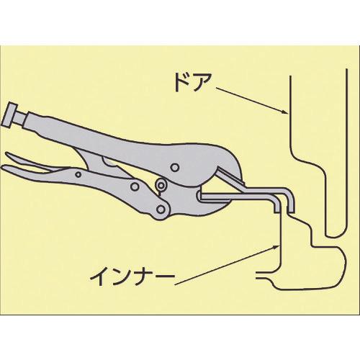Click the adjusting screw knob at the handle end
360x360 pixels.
coord(10,114)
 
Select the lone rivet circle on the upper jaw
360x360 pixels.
coord(176,167)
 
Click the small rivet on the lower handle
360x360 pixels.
coord(78,174)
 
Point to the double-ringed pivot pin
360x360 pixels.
coord(161,184)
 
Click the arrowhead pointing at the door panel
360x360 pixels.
coord(284,112)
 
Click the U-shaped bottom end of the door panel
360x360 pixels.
coord(336,236)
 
